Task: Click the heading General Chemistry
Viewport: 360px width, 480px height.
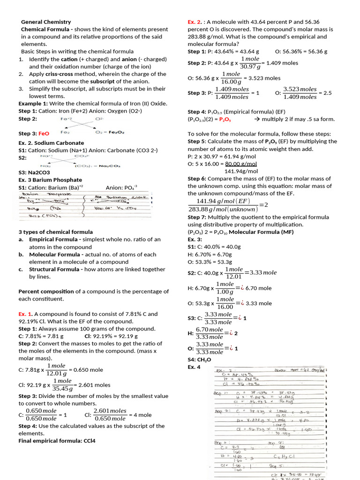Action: [x=46, y=22]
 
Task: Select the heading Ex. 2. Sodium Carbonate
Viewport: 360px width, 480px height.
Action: [x=51, y=142]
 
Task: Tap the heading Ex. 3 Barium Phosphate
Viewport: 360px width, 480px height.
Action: [x=50, y=180]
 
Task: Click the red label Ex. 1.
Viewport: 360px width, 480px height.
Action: [x=25, y=314]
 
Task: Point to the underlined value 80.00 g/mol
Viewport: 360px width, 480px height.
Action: [x=241, y=164]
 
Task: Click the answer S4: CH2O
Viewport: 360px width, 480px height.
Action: [x=200, y=360]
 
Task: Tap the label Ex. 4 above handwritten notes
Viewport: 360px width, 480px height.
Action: [x=194, y=367]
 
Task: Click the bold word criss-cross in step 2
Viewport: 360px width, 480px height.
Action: [x=61, y=74]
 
